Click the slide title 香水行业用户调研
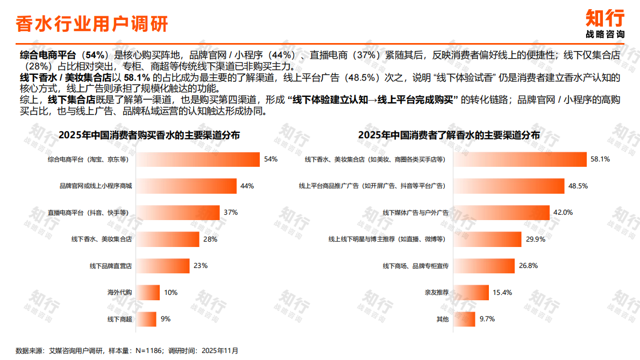tap(92, 24)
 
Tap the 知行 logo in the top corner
tap(605, 23)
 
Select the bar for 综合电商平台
tap(197, 159)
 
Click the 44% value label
tap(247, 186)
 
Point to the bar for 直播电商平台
tap(177, 213)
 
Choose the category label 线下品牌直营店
tap(111, 266)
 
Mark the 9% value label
tap(166, 319)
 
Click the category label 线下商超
tap(120, 320)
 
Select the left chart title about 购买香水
tap(149, 135)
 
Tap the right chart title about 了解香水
tap(449, 135)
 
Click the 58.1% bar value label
tap(601, 159)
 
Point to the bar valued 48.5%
tap(509, 186)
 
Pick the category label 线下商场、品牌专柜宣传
tap(415, 266)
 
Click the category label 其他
tap(442, 320)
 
